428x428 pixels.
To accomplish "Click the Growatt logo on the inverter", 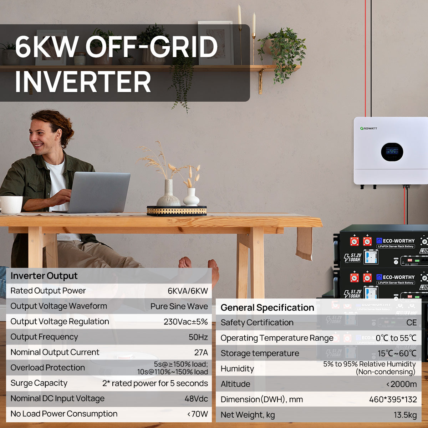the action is click(368, 128).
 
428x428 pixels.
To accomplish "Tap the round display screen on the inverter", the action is click(392, 152).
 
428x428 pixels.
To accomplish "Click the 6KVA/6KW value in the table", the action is click(188, 291).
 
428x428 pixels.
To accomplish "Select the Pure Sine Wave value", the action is click(179, 306).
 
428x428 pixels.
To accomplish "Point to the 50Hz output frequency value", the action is click(198, 337).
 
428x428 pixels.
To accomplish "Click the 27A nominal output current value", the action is click(201, 352).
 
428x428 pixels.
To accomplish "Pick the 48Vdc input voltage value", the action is click(196, 399).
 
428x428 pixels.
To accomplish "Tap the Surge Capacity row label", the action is click(39, 383).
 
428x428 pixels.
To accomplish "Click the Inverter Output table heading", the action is click(44, 276).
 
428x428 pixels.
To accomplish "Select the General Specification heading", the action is click(267, 307).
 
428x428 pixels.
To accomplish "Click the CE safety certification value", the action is click(412, 322).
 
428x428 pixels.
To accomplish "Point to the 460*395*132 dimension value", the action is click(393, 399).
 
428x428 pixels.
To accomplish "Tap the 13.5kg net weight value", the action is click(405, 415).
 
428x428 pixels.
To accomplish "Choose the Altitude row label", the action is click(235, 384).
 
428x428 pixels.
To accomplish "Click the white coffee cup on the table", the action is click(11, 205).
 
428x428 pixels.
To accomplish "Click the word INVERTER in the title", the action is click(83, 82).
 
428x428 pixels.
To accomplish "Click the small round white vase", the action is click(191, 197).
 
